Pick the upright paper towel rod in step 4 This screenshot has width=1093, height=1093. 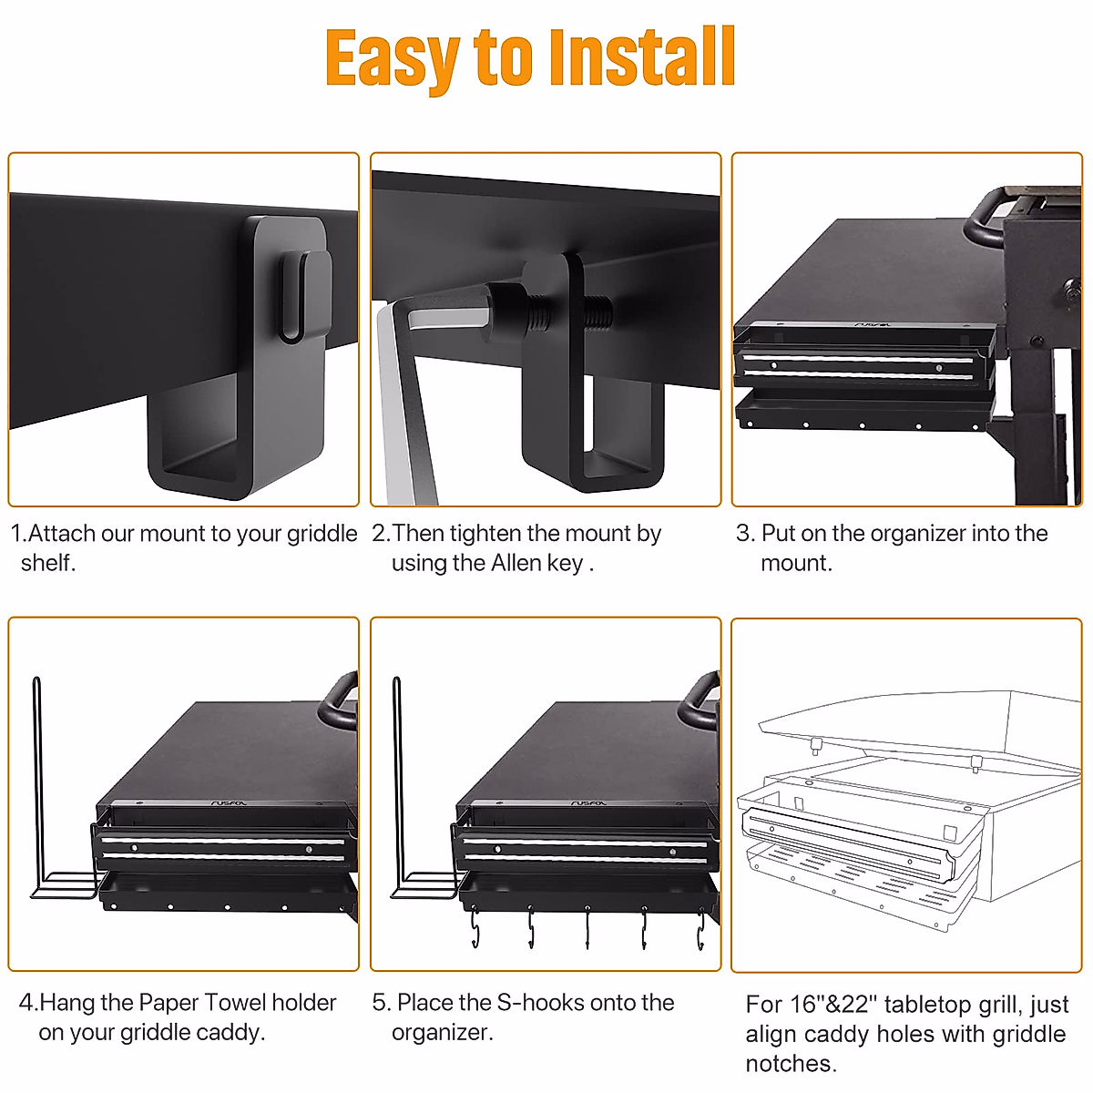(x=37, y=783)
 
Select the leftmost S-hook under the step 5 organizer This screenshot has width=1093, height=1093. (x=475, y=931)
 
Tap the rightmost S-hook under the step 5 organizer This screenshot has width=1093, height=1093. (x=700, y=931)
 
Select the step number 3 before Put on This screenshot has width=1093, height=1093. (x=743, y=534)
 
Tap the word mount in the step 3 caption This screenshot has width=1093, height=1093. (x=794, y=564)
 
